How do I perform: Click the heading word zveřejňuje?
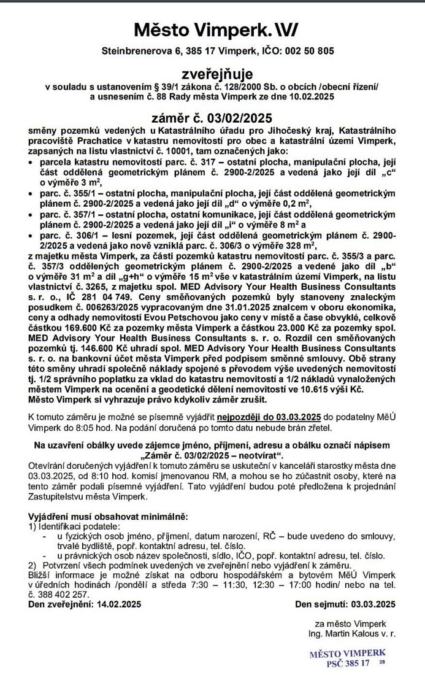212,74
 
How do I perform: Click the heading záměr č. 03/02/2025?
212,118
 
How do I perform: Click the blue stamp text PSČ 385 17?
348,663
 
